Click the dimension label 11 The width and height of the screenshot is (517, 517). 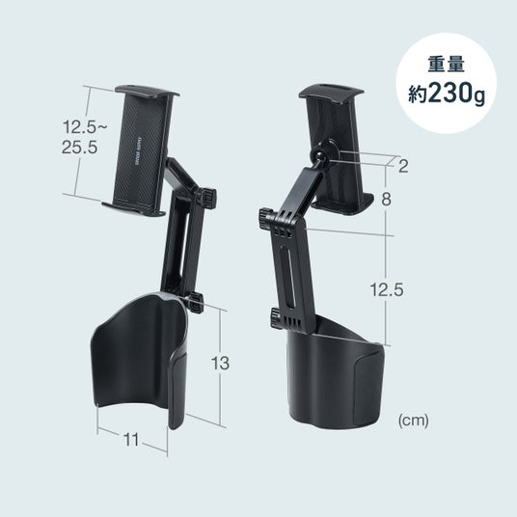[131, 439]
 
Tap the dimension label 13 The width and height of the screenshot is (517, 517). [220, 364]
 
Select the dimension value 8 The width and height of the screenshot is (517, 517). [386, 200]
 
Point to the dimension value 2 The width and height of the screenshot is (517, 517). [403, 166]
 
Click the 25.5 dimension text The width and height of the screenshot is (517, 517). [80, 147]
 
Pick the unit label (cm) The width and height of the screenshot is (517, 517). [414, 421]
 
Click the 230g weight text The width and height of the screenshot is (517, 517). [456, 95]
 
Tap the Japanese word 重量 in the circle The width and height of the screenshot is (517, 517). [447, 65]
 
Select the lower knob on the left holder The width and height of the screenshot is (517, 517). [196, 302]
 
